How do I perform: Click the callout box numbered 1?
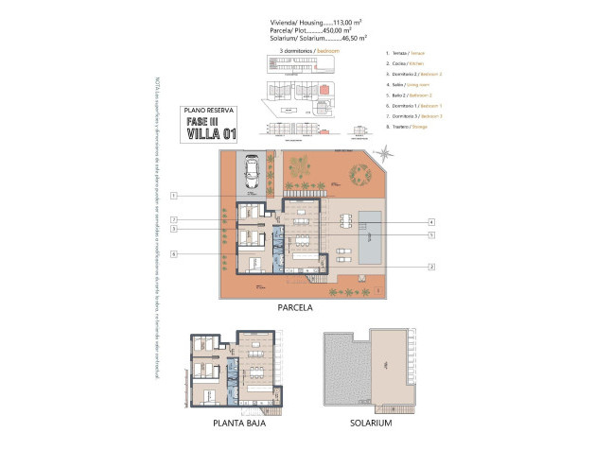pos(175,196)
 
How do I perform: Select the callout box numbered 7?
pos(175,219)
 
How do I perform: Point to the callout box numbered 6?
pos(175,253)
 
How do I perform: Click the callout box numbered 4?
pos(430,220)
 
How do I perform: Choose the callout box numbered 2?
pos(430,266)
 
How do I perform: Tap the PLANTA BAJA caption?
pos(236,424)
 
